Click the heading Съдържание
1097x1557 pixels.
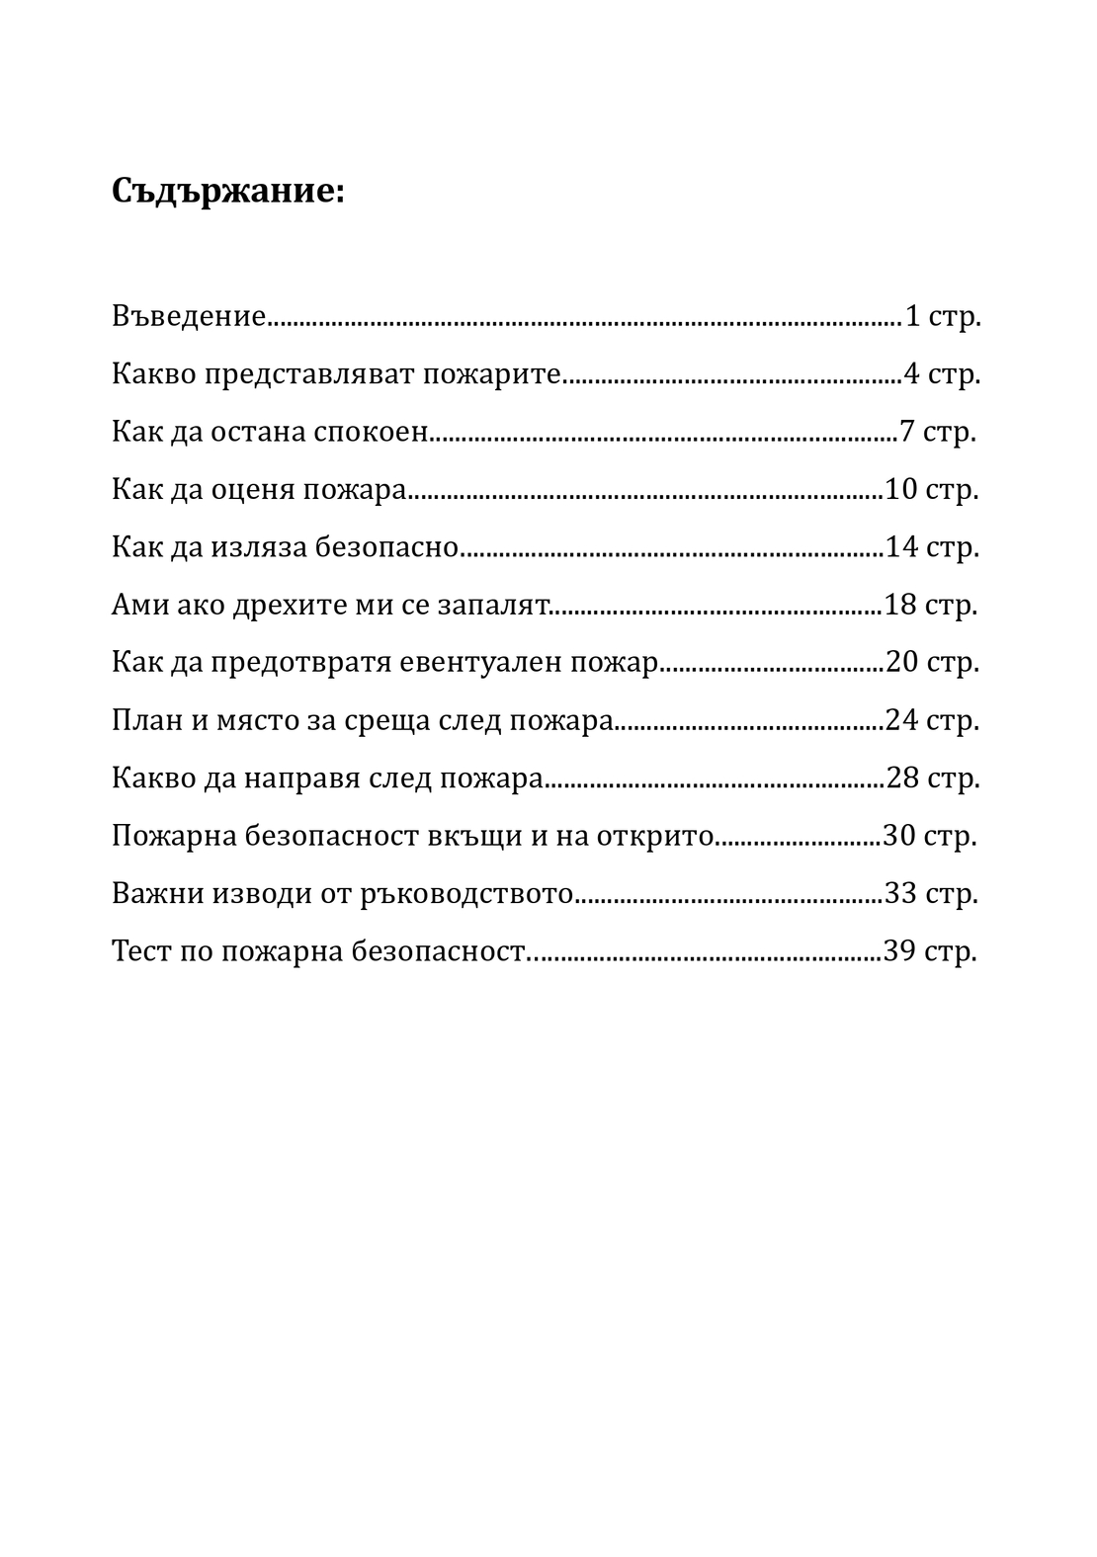click(228, 191)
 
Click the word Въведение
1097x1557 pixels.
click(189, 317)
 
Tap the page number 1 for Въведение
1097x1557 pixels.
click(912, 317)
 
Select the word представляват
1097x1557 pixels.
click(311, 375)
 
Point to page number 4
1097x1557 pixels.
click(911, 375)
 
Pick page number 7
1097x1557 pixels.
click(907, 433)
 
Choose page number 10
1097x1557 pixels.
click(902, 490)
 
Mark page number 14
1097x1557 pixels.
click(902, 547)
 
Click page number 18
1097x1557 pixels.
click(900, 605)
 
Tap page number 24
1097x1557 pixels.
click(902, 720)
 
